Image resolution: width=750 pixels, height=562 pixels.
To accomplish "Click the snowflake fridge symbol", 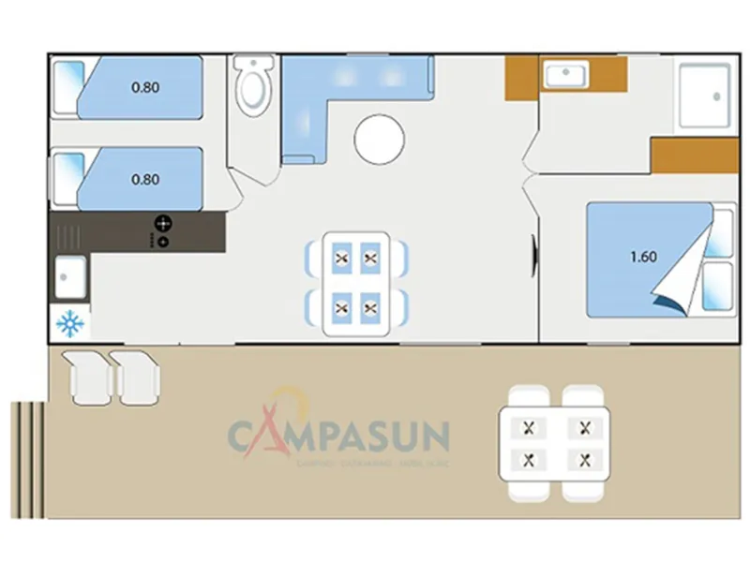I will pos(71,324).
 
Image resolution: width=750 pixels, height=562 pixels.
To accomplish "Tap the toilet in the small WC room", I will pos(251,88).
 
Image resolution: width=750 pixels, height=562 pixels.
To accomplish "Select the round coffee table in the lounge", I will pos(380,139).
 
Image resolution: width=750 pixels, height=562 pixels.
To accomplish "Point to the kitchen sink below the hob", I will pos(71,276).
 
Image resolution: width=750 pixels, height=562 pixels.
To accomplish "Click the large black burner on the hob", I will pos(163,223).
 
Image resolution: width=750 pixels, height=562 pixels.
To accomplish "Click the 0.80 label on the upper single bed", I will pos(145,88).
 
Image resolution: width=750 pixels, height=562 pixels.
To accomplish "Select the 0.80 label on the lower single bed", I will pos(145,179).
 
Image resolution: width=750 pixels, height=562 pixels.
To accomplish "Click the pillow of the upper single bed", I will pos(67,88).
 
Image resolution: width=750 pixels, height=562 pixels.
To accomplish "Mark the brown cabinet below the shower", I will pos(694,156).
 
